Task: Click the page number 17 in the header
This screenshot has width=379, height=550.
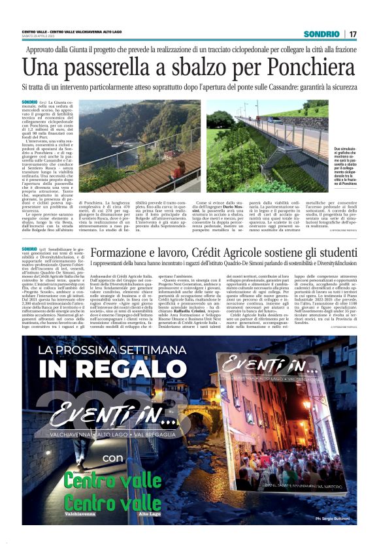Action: coord(353,34)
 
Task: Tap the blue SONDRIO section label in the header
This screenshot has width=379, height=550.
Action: coord(322,34)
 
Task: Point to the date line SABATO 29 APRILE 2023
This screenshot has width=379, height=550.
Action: coord(40,37)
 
